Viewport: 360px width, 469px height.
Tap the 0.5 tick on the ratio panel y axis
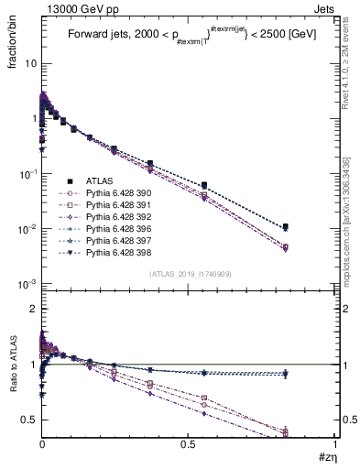coord(28,420)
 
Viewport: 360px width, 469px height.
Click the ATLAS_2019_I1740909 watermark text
coord(190,275)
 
